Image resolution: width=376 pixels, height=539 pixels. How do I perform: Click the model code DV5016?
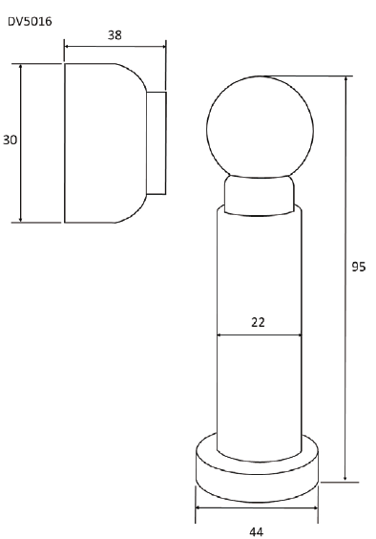pyautogui.click(x=30, y=22)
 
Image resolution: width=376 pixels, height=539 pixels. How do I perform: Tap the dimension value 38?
pyautogui.click(x=115, y=35)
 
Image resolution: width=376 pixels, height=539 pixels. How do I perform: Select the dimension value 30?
pyautogui.click(x=10, y=140)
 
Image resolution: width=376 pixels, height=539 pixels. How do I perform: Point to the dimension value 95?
pyautogui.click(x=359, y=267)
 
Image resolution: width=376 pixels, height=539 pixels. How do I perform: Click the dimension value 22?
pyautogui.click(x=259, y=322)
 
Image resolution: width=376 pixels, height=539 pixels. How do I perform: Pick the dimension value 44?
pyautogui.click(x=256, y=531)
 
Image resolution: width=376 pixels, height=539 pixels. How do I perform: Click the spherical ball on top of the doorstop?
pyautogui.click(x=260, y=127)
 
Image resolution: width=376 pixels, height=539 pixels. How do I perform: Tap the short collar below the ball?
pyautogui.click(x=260, y=195)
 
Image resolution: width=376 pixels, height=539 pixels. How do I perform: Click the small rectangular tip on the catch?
pyautogui.click(x=157, y=143)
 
